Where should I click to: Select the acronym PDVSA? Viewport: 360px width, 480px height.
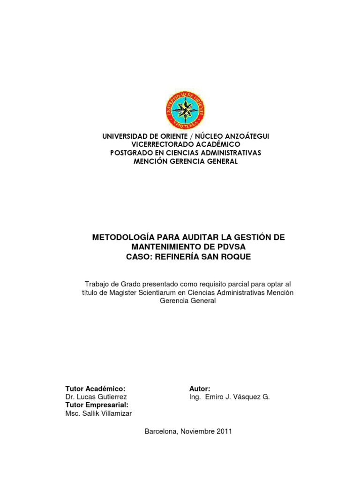pyautogui.click(x=229, y=247)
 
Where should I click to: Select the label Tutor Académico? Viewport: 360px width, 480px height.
pyautogui.click(x=96, y=389)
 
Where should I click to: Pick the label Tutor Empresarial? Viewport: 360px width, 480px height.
pyautogui.click(x=97, y=405)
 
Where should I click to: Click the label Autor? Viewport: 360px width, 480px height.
pyautogui.click(x=200, y=389)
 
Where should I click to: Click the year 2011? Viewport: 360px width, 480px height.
pyautogui.click(x=224, y=431)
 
